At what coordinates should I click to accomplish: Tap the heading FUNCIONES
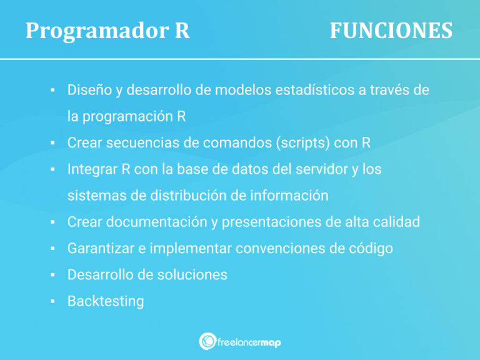tap(391, 31)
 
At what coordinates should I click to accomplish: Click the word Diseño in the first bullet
tap(89, 90)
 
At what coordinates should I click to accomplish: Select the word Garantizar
tap(101, 248)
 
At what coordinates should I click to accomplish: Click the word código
tap(371, 248)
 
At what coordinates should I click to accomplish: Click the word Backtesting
tap(106, 301)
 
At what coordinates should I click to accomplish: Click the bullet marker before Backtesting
tap(54, 301)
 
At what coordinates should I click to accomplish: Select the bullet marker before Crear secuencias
tap(54, 142)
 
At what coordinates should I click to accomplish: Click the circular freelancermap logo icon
tap(207, 341)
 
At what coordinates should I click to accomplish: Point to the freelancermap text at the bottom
tap(249, 342)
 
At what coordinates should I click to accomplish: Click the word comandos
tap(232, 142)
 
